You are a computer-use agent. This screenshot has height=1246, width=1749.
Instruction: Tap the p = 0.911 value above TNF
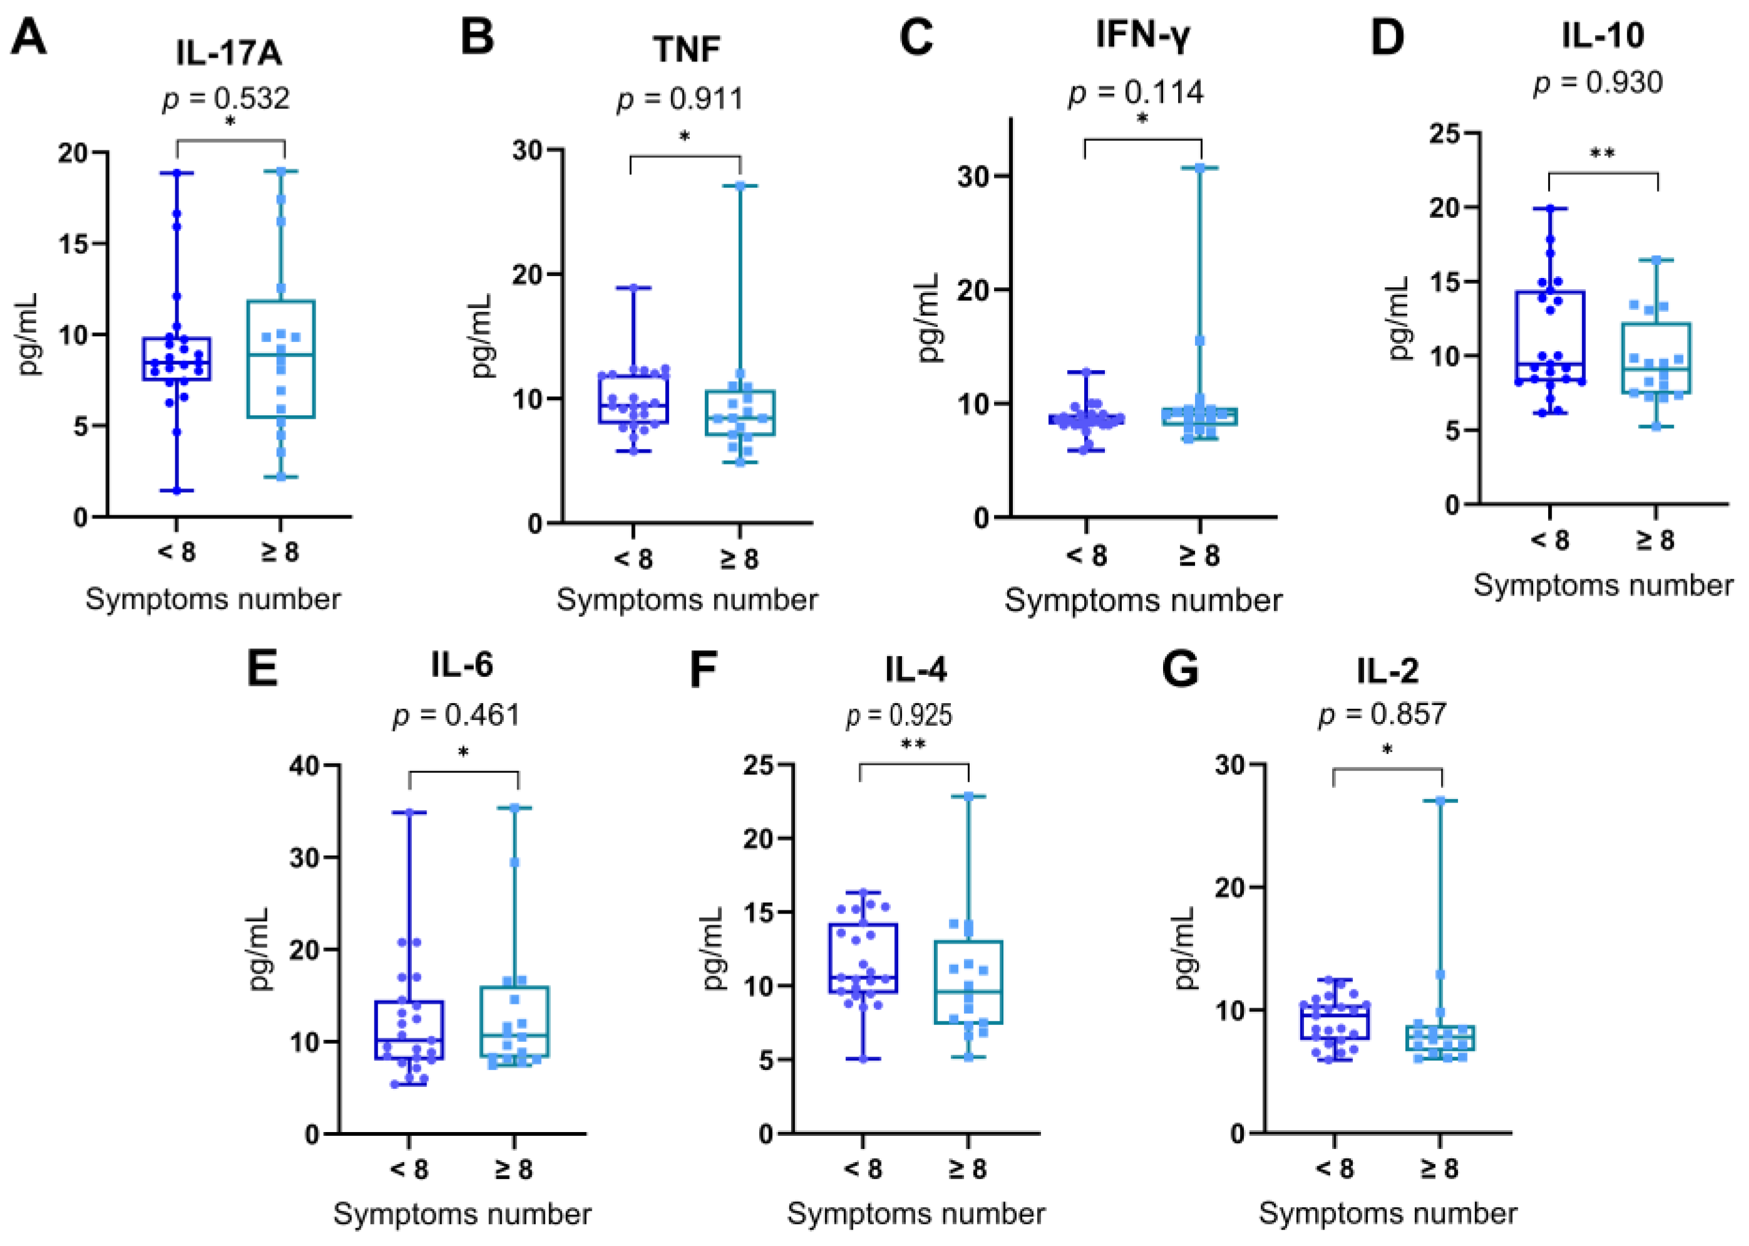pyautogui.click(x=680, y=99)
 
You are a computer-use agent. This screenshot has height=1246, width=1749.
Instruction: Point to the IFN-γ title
pyautogui.click(x=1142, y=35)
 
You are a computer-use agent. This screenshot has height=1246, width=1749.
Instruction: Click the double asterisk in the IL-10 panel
pyautogui.click(x=1602, y=154)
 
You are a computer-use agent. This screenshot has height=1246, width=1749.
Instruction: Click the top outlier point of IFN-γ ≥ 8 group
pyautogui.click(x=1201, y=167)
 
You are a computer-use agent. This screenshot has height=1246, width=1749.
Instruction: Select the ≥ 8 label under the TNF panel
pyautogui.click(x=739, y=559)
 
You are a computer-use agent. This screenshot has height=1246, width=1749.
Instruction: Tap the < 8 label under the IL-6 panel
pyautogui.click(x=409, y=1169)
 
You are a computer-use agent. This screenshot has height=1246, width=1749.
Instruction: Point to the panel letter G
pyautogui.click(x=1180, y=669)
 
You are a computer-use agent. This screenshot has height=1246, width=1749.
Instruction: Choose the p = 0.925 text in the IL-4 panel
pyautogui.click(x=899, y=715)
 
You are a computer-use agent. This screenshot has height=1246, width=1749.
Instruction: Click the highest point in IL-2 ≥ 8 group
pyautogui.click(x=1440, y=801)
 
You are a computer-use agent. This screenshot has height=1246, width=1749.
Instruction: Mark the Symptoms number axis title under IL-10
pyautogui.click(x=1603, y=585)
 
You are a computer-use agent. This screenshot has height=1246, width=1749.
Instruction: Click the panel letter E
pyautogui.click(x=262, y=669)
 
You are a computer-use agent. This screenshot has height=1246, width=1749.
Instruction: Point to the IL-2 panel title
pyautogui.click(x=1387, y=671)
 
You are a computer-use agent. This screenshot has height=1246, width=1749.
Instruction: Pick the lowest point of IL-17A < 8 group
pyautogui.click(x=177, y=490)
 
